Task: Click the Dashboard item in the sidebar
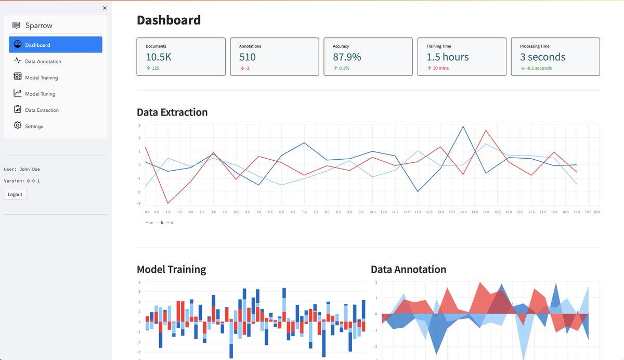[55, 45]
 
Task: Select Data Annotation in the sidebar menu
[43, 61]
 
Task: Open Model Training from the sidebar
[41, 78]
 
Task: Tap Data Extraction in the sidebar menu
[42, 110]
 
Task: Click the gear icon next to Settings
[17, 126]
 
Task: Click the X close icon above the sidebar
[105, 8]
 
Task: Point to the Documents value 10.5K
[159, 57]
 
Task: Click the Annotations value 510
[248, 57]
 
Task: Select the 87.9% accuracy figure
[347, 57]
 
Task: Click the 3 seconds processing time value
[542, 57]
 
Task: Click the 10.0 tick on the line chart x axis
[373, 212]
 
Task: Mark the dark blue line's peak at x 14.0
[463, 126]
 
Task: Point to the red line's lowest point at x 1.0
[168, 203]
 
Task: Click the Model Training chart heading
[171, 269]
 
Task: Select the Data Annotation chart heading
[408, 269]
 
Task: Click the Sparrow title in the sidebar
[39, 25]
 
